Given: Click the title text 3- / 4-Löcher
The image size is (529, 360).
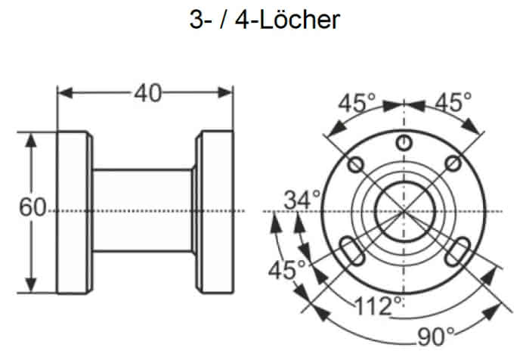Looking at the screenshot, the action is [x=264, y=20].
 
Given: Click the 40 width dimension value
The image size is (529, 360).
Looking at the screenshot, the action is [x=148, y=93].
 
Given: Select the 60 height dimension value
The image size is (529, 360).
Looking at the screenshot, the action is [x=32, y=207].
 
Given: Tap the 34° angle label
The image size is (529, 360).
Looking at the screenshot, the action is [x=302, y=200].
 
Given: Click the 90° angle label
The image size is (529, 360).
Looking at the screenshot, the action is [x=435, y=337].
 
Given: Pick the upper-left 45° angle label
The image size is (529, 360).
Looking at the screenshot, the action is [x=357, y=103].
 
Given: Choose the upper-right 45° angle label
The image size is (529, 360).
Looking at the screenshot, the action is [x=453, y=102].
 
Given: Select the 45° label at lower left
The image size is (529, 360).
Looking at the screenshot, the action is [x=286, y=270].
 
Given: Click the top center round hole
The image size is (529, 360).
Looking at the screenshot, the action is [x=404, y=142].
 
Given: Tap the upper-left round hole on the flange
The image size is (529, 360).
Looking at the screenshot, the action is [x=356, y=165].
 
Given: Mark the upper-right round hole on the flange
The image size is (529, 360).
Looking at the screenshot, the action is [x=453, y=164].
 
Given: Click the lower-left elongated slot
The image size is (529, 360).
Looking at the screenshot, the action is [x=351, y=252].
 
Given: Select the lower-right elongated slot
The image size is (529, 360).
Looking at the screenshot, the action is [x=457, y=252].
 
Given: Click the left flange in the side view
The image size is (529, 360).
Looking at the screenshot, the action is [x=74, y=212].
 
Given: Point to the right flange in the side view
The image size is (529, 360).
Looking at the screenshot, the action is [x=215, y=212].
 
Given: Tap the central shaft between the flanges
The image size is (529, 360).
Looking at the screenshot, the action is [x=143, y=210].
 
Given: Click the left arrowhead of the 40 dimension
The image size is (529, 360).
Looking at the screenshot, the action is [x=65, y=93].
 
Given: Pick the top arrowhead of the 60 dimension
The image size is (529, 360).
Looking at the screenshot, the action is [x=31, y=140].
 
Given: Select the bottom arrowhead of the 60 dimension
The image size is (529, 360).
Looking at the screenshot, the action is [x=31, y=284].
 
